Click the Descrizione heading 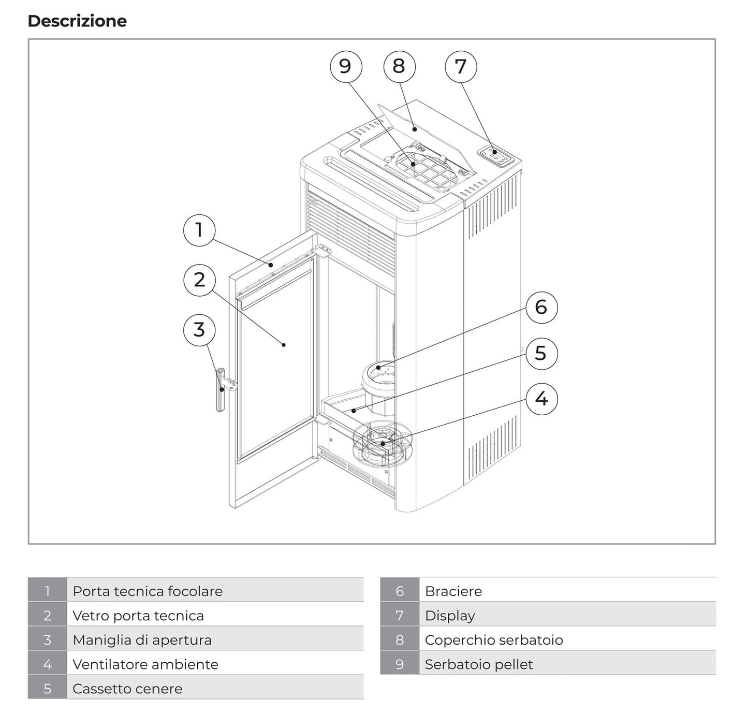(77, 21)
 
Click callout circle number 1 (199, 230)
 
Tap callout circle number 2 (199, 280)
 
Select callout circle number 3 (199, 330)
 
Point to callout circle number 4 (541, 399)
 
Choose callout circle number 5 (541, 354)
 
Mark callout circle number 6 (541, 308)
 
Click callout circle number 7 (461, 67)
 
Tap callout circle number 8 (399, 66)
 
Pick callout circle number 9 (346, 66)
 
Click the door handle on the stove (221, 389)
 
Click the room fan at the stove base (382, 443)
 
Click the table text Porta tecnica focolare (148, 591)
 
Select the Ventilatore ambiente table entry (145, 664)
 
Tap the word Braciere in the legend (453, 591)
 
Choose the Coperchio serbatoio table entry (493, 640)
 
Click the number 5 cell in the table (48, 689)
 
